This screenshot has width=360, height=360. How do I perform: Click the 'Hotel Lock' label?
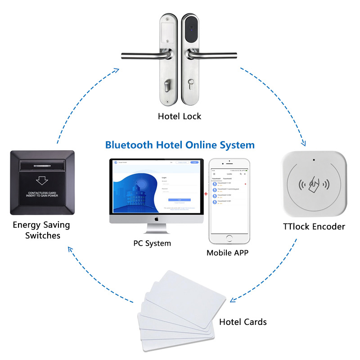[180, 117]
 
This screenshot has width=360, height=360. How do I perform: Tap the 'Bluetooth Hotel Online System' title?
[180, 145]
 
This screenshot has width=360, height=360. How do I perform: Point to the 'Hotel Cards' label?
[243, 322]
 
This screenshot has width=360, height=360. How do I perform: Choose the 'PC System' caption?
[152, 243]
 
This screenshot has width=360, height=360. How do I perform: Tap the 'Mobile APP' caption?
[227, 252]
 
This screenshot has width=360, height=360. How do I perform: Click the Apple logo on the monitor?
[157, 219]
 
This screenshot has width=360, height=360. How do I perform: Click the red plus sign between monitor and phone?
[206, 194]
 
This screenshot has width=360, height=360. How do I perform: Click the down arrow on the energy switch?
[42, 180]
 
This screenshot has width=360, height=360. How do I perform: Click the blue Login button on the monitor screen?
[179, 199]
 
